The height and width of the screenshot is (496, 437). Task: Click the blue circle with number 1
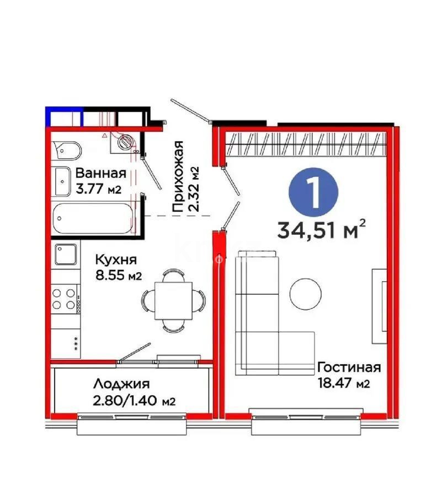[313, 190]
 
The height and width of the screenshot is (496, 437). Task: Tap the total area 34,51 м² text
[322, 229]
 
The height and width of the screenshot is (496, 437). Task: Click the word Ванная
[101, 173]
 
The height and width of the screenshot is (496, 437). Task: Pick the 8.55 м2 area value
[119, 276]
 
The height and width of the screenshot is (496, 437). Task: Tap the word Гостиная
[349, 368]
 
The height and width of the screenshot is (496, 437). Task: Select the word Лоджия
[121, 384]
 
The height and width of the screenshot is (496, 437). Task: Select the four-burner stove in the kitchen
[65, 298]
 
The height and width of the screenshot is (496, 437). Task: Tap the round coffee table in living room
[305, 293]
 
